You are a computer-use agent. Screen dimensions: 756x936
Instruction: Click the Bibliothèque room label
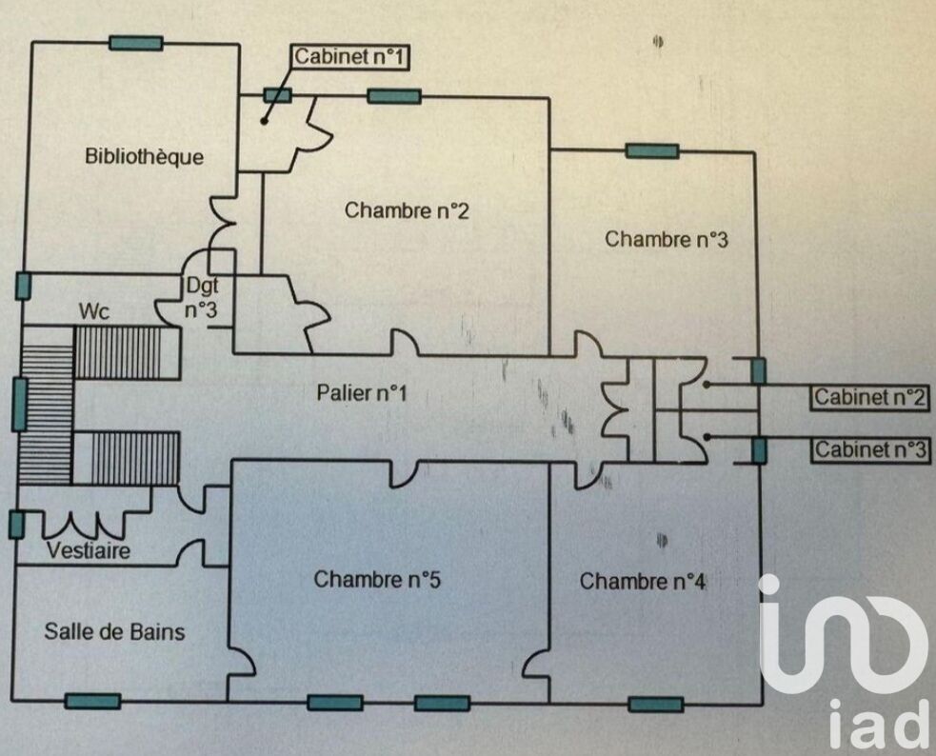click(x=144, y=156)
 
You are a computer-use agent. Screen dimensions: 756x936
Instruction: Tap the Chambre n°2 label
click(x=407, y=210)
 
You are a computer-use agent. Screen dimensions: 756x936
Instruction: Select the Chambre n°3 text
click(x=666, y=239)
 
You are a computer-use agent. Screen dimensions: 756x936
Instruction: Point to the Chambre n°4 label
click(x=643, y=581)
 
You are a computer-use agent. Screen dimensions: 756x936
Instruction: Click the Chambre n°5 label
click(x=377, y=579)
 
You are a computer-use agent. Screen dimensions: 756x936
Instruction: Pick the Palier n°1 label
click(x=362, y=392)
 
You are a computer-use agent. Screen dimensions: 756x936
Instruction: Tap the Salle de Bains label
click(x=114, y=631)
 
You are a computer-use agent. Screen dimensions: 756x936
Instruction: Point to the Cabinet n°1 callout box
click(x=350, y=57)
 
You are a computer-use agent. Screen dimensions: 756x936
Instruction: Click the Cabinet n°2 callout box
click(x=870, y=397)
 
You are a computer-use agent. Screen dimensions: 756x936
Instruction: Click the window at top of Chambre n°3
click(x=652, y=150)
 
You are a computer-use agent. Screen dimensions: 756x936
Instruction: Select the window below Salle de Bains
click(x=92, y=701)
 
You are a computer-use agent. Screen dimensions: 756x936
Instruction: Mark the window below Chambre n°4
click(x=656, y=704)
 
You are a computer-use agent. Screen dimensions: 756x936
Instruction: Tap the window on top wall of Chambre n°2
click(x=393, y=95)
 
